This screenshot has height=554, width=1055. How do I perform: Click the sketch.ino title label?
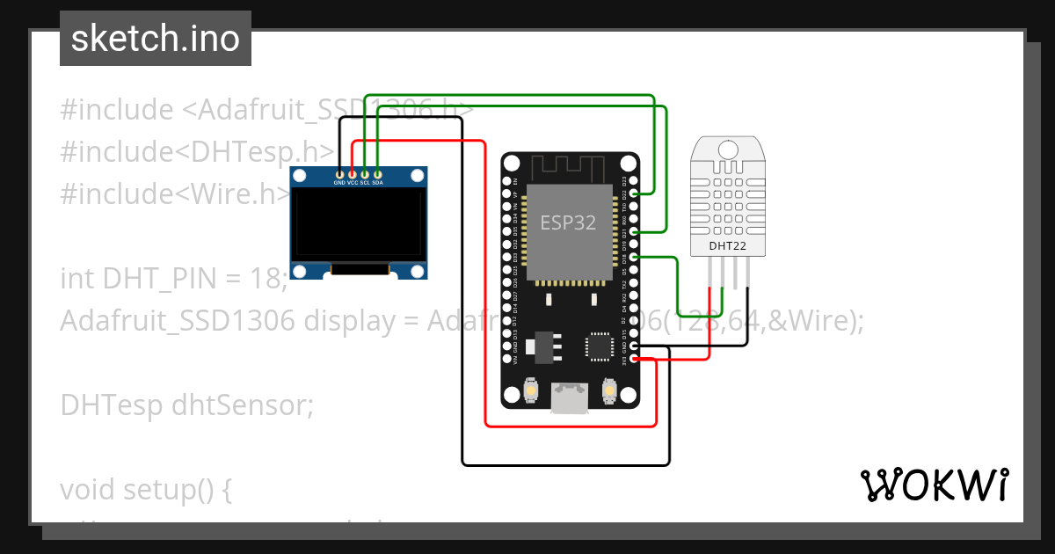155,39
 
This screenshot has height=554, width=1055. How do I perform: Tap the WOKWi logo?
934,485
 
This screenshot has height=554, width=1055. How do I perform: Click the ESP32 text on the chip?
568,222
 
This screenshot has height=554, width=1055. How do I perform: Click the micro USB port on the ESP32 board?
569,397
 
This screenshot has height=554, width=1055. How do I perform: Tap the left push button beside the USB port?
531,388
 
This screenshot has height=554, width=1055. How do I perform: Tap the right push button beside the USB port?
608,388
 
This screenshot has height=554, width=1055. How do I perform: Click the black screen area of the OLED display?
360,233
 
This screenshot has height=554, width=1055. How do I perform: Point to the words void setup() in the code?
145,489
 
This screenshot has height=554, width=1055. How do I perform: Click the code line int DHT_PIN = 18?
174,279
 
